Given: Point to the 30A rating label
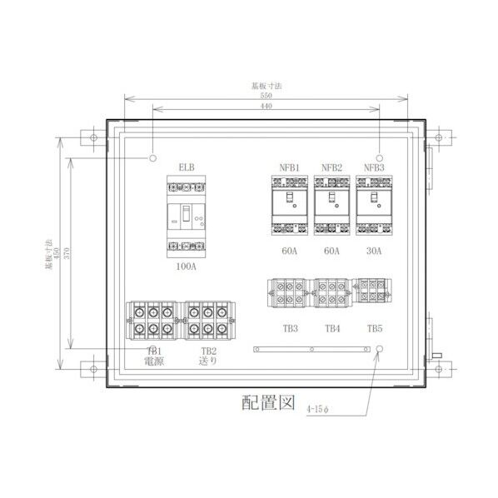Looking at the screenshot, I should coord(374,251).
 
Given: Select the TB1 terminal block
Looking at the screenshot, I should coord(152,321).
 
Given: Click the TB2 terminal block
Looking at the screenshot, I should coord(207,321).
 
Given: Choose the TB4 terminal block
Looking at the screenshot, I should coord(332,295).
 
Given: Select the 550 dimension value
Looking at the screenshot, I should coord(264,96).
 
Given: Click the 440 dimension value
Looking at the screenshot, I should coord(264,107).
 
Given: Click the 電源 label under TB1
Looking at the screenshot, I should coord(153,362).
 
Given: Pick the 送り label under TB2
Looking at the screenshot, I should coord(207,362).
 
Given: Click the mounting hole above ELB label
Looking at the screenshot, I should coord(153,157).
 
